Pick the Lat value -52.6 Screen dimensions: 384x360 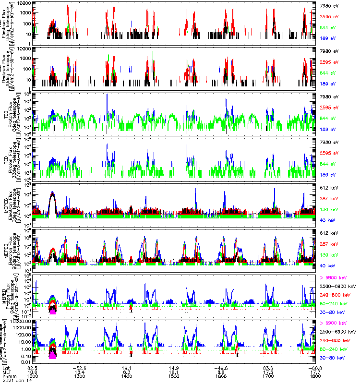pos(79,366)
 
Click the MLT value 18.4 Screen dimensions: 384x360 pos(79,371)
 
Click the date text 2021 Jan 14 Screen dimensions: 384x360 pos(14,380)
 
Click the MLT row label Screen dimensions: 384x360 pos(7,371)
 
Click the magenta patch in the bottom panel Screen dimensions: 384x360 pos(52,356)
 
